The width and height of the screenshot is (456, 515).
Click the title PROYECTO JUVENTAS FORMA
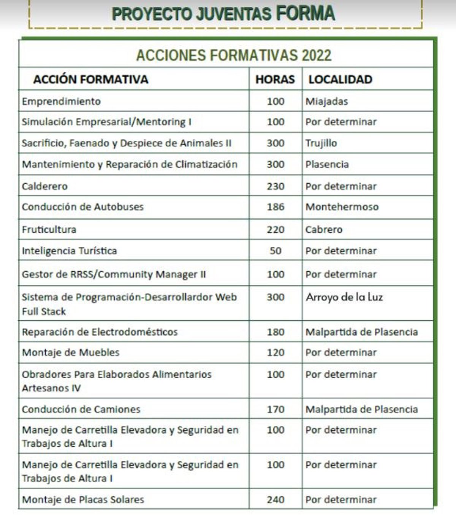[x=223, y=14]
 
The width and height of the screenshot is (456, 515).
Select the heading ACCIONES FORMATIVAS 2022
[x=234, y=55]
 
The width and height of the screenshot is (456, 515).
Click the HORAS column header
[x=275, y=79]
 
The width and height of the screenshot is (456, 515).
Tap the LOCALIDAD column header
[x=340, y=79]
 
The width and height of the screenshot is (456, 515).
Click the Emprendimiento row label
[x=61, y=101]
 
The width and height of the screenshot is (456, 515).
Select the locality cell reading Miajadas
[x=327, y=101]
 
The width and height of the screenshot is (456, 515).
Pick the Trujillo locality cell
[x=321, y=143]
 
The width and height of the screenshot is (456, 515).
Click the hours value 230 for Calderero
[x=275, y=186]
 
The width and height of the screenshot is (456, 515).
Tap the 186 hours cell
[x=275, y=207]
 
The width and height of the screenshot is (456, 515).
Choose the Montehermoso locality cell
[x=342, y=207]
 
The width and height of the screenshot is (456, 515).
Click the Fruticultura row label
[x=49, y=229]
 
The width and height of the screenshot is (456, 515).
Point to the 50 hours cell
[x=275, y=251]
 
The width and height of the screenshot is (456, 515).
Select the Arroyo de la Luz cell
[x=344, y=297]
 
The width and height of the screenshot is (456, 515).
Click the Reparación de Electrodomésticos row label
[x=100, y=332]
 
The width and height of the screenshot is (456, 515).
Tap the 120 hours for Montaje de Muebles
[x=275, y=352]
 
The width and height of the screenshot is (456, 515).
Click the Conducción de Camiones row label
[x=81, y=409]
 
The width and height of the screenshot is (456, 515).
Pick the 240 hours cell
[x=275, y=499]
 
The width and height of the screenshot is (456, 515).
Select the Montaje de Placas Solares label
[x=83, y=499]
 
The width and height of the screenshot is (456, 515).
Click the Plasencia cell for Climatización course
[x=327, y=164]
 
